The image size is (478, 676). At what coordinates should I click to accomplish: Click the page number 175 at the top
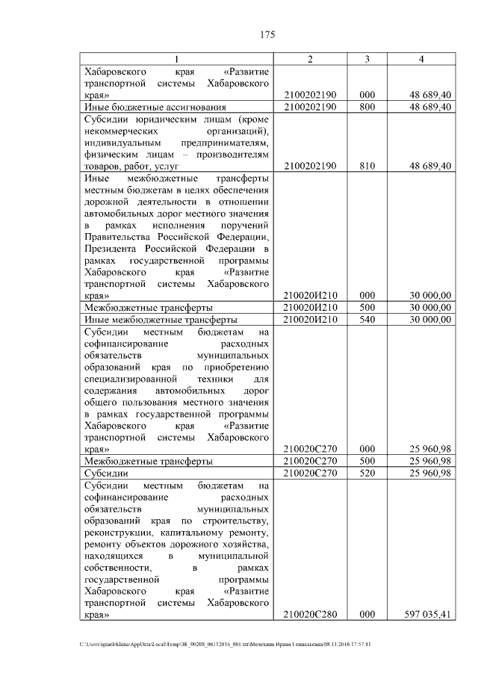(268, 34)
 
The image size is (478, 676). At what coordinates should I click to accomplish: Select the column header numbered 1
(176, 59)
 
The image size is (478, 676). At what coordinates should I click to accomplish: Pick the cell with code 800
(367, 108)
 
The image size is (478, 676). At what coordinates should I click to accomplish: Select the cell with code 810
(367, 167)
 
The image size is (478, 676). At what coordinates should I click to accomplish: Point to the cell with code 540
(367, 320)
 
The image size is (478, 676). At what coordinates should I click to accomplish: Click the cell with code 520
(367, 473)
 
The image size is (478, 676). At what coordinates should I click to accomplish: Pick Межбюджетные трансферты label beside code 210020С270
(149, 462)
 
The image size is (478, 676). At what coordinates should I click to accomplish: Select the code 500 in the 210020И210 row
(367, 308)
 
